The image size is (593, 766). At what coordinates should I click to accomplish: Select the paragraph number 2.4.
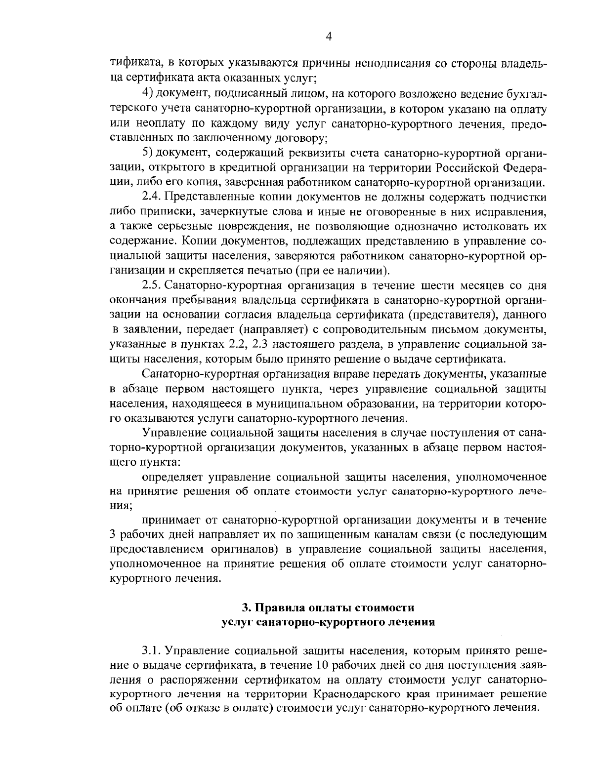[x=151, y=198]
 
